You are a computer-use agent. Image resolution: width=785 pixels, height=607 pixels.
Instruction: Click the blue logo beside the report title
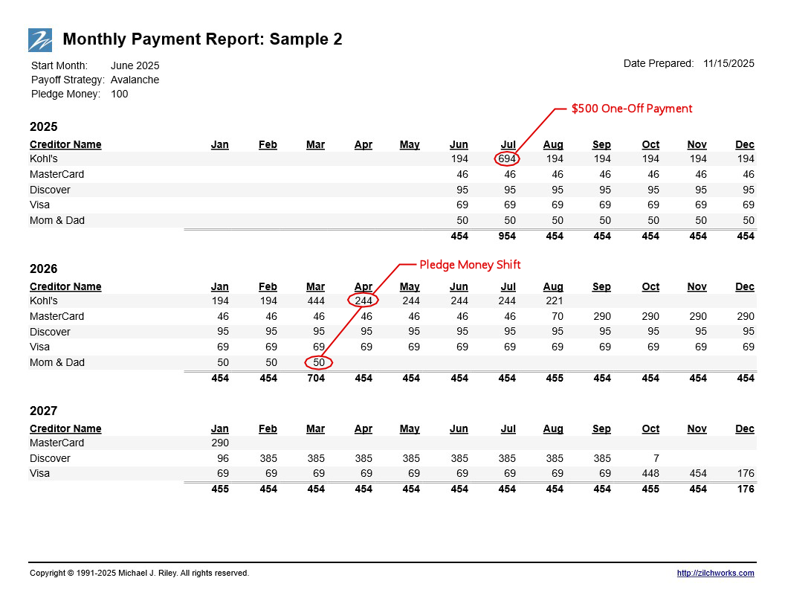coord(40,40)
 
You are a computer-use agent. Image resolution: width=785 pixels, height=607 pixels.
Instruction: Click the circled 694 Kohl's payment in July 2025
coord(507,159)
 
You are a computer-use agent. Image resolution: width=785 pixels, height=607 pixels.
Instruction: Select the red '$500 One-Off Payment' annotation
coord(631,109)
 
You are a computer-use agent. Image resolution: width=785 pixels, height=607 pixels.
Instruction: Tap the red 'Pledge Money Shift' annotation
coord(470,265)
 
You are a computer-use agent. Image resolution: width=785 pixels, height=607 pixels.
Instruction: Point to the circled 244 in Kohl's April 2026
coord(364,301)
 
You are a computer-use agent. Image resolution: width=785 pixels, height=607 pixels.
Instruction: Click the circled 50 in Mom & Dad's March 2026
coord(318,363)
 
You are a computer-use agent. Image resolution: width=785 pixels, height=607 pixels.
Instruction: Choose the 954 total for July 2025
coord(507,237)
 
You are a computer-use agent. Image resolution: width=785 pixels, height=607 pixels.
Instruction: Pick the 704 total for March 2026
coord(316,379)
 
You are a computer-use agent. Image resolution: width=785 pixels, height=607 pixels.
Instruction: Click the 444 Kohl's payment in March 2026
coord(316,301)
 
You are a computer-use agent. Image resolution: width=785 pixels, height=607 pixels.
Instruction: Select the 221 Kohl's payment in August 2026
coord(554,301)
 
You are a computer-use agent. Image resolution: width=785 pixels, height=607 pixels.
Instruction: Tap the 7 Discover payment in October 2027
coord(656,459)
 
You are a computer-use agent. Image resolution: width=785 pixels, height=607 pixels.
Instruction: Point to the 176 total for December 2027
coord(746,489)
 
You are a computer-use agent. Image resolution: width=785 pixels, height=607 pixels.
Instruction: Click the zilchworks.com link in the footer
coord(715,574)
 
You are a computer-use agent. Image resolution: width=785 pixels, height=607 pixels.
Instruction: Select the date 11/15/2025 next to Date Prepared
coord(729,64)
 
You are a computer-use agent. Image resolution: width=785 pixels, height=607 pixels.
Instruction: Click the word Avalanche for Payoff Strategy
coord(135,80)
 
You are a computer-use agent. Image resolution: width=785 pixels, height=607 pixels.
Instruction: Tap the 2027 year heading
coord(43,411)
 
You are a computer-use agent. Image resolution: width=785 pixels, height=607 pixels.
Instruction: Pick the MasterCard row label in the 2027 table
coord(56,443)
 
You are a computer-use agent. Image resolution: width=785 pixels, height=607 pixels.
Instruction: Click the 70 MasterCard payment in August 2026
coord(557,317)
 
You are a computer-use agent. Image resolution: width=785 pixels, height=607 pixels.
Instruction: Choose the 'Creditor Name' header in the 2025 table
coord(65,145)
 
